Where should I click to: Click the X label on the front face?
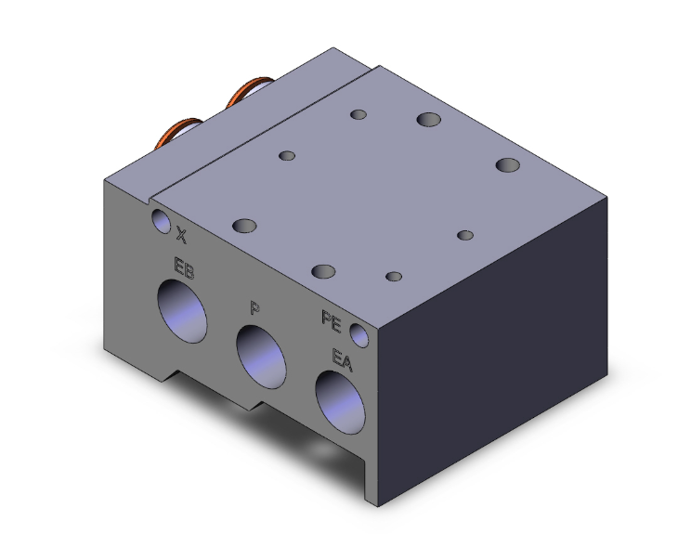coord(181,235)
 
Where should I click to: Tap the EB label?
coord(184,267)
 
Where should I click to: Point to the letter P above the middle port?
coord(254,307)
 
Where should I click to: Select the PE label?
coord(331,321)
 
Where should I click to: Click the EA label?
coord(342,360)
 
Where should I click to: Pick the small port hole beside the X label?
coord(161,221)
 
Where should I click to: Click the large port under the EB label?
coord(182,311)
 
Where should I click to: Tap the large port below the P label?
coord(261,357)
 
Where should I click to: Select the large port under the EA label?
coord(340,402)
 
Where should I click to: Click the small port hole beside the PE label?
coord(359,335)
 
